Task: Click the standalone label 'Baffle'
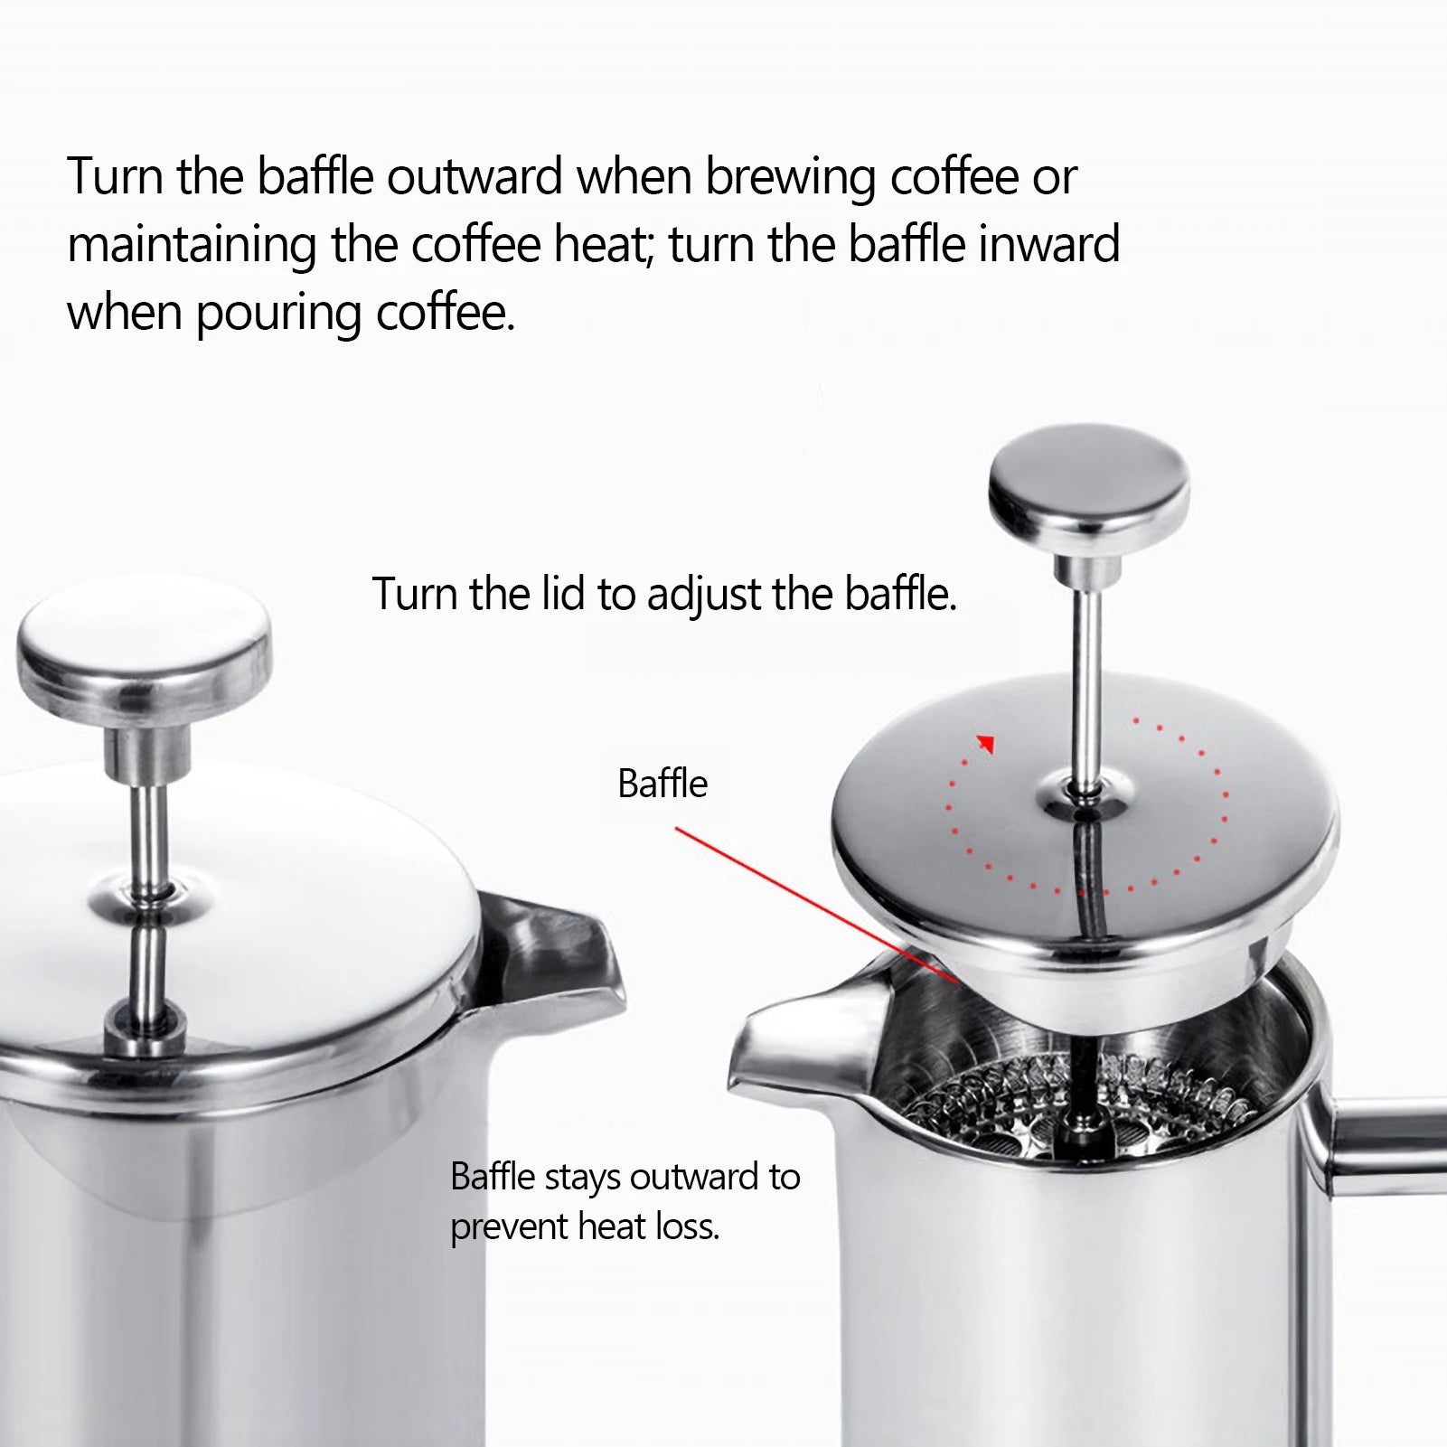point(662,784)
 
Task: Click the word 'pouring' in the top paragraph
point(278,314)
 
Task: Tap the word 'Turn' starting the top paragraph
point(115,176)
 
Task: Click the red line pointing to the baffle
point(813,904)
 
